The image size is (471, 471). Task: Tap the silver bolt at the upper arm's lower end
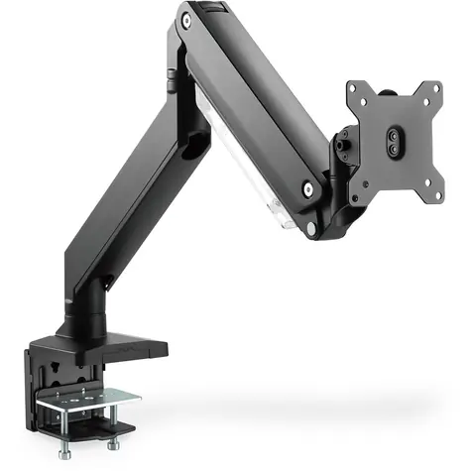pyautogui.click(x=311, y=184)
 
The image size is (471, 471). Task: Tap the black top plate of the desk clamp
pyautogui.click(x=109, y=343)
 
